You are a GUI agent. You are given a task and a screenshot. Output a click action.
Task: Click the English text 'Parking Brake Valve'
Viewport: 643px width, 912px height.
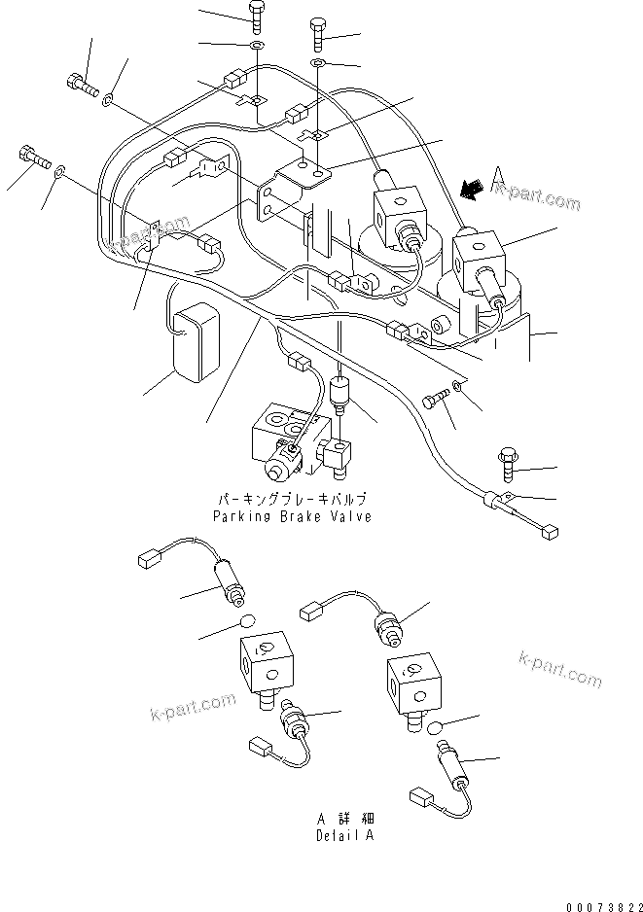292,516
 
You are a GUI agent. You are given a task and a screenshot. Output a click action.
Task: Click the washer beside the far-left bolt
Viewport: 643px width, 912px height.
60,172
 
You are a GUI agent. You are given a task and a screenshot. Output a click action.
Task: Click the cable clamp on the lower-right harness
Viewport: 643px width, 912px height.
496,502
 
